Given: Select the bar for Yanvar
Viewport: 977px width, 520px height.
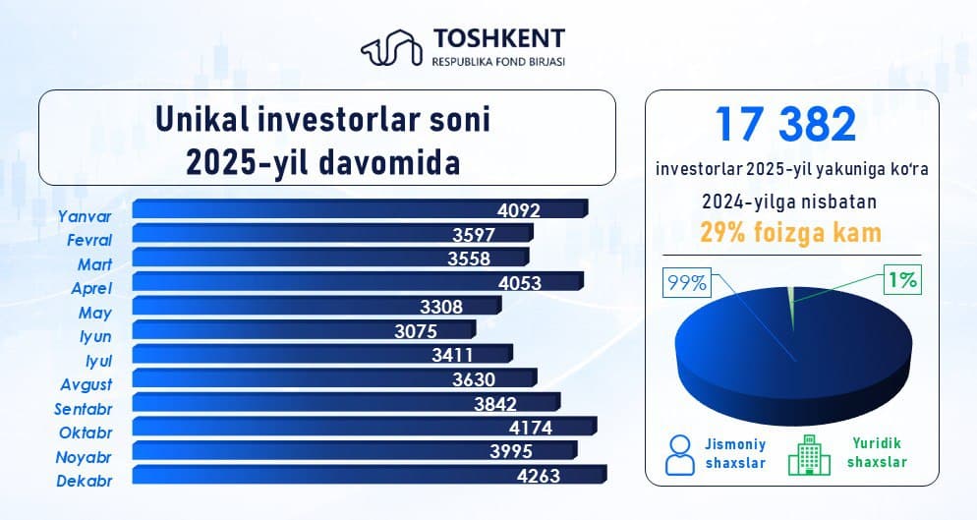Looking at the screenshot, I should pos(358,208).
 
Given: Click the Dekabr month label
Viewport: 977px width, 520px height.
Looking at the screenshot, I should pos(85,481).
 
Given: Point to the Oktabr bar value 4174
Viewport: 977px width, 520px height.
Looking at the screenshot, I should pos(537,428).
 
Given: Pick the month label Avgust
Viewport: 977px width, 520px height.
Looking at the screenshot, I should pos(85,384).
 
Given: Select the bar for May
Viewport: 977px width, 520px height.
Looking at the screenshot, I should pos(316,306).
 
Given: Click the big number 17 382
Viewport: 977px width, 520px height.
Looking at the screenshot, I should pos(785,125).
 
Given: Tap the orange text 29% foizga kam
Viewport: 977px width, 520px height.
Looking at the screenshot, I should pos(790,233).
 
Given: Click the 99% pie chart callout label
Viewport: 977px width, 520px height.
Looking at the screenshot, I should pos(687,283).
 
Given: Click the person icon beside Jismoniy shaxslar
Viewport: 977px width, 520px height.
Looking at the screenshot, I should pos(679,453).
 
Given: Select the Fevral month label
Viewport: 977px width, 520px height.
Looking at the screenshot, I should pos(88,240).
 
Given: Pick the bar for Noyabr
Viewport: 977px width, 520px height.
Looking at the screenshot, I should pos(354,451).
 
